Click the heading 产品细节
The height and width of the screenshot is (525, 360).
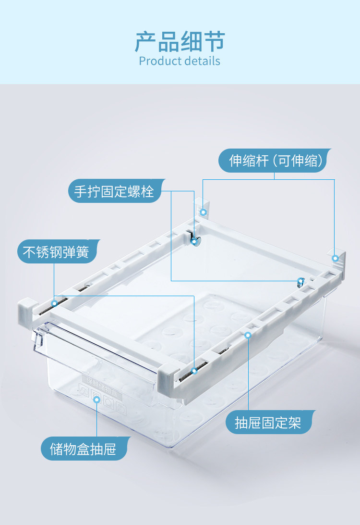coord(180,42)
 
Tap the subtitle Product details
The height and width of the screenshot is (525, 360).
coord(180,61)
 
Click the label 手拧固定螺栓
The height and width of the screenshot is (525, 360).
coord(114,191)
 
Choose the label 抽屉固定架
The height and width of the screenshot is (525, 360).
coord(268,423)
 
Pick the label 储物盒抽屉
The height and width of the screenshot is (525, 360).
coord(84,449)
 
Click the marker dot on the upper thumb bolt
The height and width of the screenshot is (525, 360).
coord(194,242)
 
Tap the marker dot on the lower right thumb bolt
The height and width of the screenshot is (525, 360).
coord(300,281)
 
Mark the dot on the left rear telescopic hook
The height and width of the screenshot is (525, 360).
coord(203,212)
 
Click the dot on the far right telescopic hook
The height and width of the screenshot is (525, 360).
coord(335,259)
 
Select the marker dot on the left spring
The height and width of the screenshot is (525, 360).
coord(54,303)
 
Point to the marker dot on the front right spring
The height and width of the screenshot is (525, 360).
coord(194,371)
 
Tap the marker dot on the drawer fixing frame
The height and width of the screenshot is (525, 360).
coord(248,335)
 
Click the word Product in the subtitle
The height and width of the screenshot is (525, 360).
coord(157,61)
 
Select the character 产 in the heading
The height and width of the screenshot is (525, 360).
coord(146,42)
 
